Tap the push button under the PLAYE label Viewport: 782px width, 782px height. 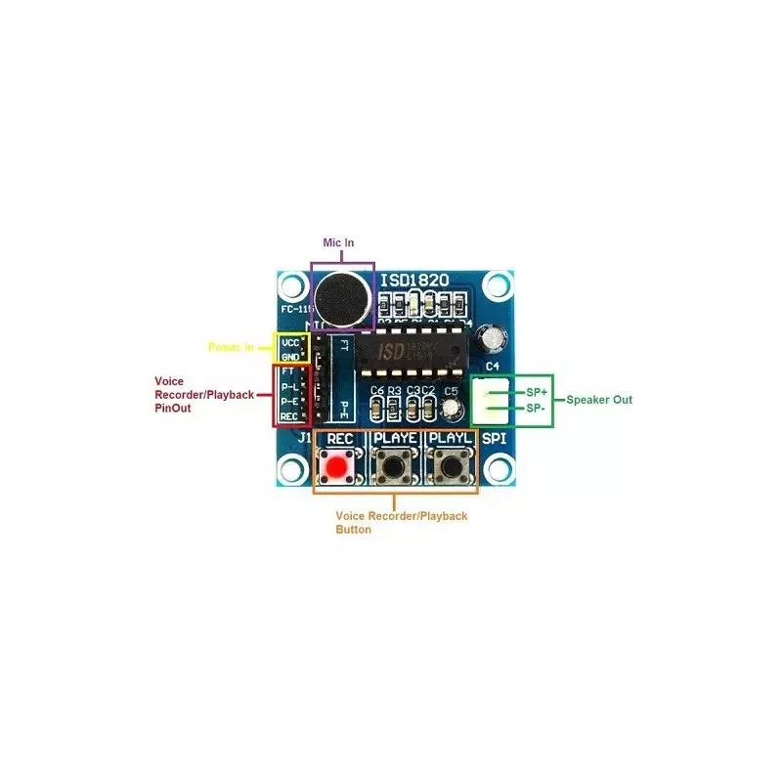tap(395, 466)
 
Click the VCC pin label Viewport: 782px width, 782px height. tap(290, 343)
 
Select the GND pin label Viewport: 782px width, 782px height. tap(290, 358)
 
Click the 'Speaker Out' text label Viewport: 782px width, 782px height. tap(599, 399)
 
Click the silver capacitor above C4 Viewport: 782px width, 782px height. tap(496, 337)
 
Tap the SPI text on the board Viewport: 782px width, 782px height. tap(495, 439)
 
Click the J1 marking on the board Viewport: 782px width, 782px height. tap(304, 438)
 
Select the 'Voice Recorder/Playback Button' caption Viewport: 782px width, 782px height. tap(401, 522)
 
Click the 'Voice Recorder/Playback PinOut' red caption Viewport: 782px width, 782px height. tap(204, 394)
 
